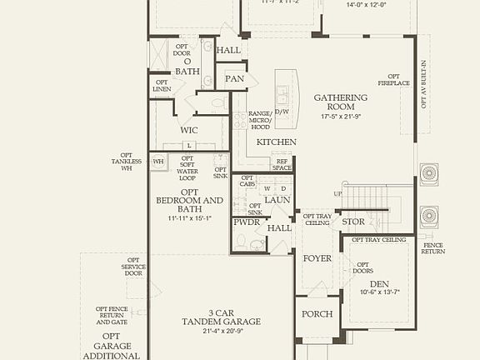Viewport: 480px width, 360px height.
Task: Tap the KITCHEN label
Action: [277, 142]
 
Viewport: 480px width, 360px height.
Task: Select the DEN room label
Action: [379, 284]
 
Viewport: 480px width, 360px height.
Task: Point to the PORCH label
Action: [317, 314]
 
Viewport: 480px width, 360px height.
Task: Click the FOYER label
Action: [317, 258]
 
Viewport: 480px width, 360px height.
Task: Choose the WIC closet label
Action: [189, 130]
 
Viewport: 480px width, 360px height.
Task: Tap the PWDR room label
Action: [246, 222]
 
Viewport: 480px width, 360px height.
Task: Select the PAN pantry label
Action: [235, 78]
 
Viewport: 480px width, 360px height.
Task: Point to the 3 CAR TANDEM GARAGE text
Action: [221, 321]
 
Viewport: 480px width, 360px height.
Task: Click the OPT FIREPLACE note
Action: [393, 79]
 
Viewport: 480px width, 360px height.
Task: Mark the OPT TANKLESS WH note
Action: [127, 162]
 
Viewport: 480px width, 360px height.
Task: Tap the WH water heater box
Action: [158, 161]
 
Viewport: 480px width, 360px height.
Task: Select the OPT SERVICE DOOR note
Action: [132, 267]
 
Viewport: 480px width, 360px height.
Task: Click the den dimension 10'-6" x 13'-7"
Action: [379, 293]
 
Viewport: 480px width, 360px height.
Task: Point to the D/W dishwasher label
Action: [281, 111]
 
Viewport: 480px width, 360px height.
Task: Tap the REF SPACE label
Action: [282, 164]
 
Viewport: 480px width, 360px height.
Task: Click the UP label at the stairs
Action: [337, 193]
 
